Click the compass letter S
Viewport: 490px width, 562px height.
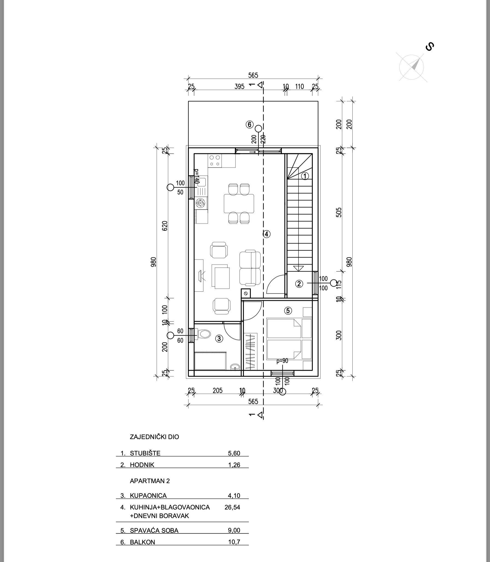430,47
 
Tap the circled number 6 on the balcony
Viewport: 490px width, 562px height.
249,124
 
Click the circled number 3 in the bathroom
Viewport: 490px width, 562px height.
219,339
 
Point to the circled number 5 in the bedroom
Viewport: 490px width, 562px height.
288,311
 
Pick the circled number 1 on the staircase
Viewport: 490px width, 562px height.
305,176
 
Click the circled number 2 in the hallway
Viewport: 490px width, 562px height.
299,284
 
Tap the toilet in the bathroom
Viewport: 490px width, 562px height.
204,334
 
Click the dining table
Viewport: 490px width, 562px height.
239,203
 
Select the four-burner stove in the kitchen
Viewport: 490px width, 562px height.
215,161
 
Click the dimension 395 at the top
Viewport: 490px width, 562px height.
239,86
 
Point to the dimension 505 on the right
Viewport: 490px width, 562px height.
339,212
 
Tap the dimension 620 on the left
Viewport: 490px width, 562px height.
165,226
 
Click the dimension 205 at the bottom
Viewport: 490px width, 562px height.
218,390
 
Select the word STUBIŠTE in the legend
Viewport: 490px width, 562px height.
145,453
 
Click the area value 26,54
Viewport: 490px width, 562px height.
232,507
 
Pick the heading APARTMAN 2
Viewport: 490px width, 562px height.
150,481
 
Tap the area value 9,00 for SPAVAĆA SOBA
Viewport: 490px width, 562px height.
234,530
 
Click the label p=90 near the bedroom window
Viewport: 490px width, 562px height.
282,361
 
